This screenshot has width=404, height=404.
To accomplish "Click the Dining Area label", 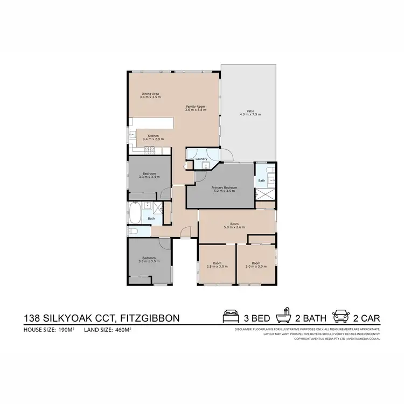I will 149,95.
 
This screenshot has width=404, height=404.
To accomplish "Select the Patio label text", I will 246,113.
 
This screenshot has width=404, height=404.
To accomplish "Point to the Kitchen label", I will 152,137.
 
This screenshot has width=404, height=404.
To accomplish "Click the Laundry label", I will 201,159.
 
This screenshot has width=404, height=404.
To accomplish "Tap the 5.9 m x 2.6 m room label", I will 234,226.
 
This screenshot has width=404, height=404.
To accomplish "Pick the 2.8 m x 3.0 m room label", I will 217,265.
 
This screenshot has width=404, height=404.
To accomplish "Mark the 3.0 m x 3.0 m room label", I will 256,265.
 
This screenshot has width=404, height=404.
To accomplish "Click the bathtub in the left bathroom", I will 135,213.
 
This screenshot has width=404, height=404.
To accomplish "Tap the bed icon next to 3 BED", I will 231,316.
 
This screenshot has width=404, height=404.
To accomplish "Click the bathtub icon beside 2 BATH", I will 283,316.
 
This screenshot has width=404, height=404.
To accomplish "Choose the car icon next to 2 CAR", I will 342,316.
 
